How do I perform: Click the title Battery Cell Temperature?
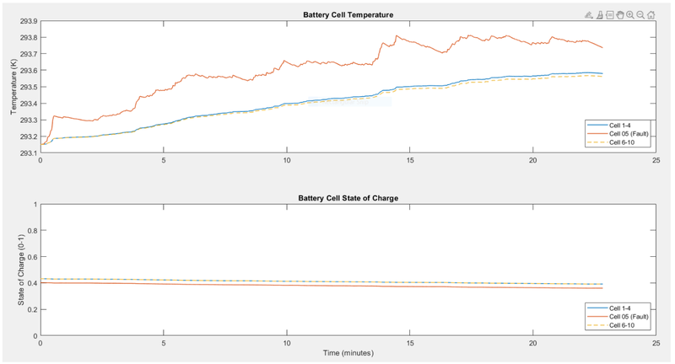(348, 14)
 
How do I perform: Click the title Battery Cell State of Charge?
(348, 198)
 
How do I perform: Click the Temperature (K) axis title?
(14, 87)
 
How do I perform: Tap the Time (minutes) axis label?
(348, 354)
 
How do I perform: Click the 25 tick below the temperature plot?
(656, 160)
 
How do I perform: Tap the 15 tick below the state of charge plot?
(409, 343)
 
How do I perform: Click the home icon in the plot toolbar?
(651, 14)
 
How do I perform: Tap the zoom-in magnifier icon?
(630, 14)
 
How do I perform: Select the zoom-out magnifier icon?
(640, 14)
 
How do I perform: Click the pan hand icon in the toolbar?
(620, 14)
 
